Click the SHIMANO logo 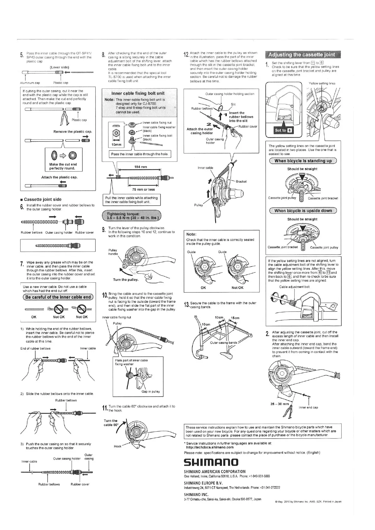(211, 462)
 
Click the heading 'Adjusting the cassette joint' (301, 55)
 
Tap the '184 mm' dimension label (139, 167)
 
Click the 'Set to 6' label (280, 130)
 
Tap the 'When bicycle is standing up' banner (303, 161)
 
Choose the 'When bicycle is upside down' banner (303, 211)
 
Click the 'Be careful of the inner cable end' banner (58, 297)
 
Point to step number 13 (186, 305)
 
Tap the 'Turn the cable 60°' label (111, 423)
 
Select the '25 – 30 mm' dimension (280, 404)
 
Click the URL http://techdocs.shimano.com (210, 447)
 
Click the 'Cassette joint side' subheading (43, 199)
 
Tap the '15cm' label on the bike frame (235, 318)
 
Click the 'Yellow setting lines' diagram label (322, 83)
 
